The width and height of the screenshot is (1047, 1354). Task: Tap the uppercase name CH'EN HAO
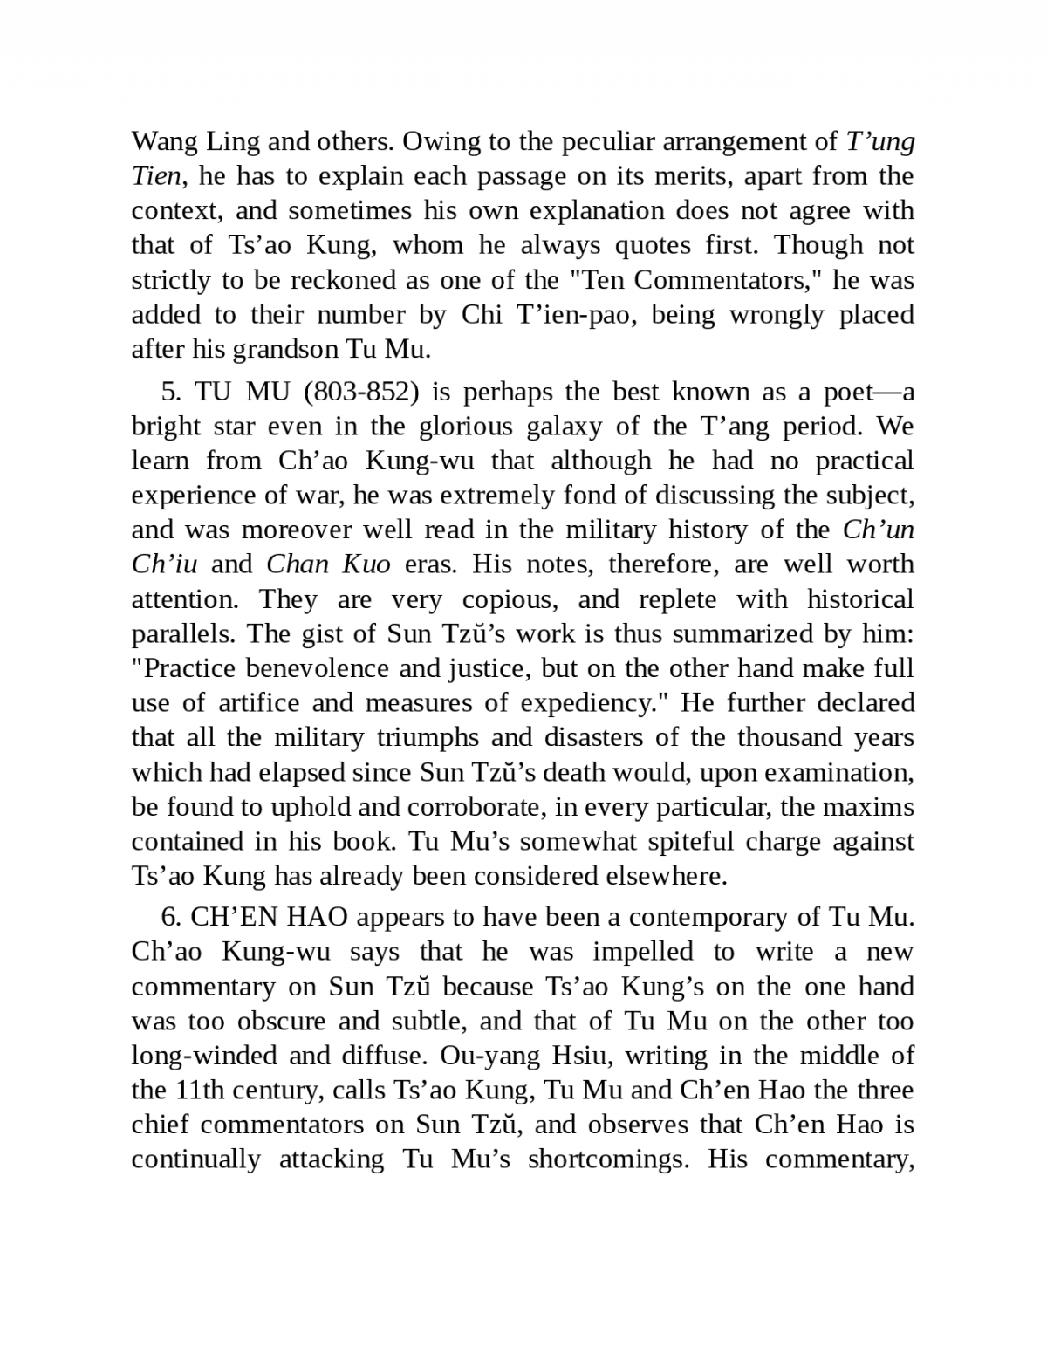(x=269, y=917)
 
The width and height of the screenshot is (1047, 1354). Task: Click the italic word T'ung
(x=880, y=141)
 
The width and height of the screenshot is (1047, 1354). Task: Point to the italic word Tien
(x=155, y=176)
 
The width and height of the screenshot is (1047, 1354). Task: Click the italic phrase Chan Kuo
(x=328, y=564)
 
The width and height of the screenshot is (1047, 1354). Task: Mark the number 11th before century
(x=195, y=1091)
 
